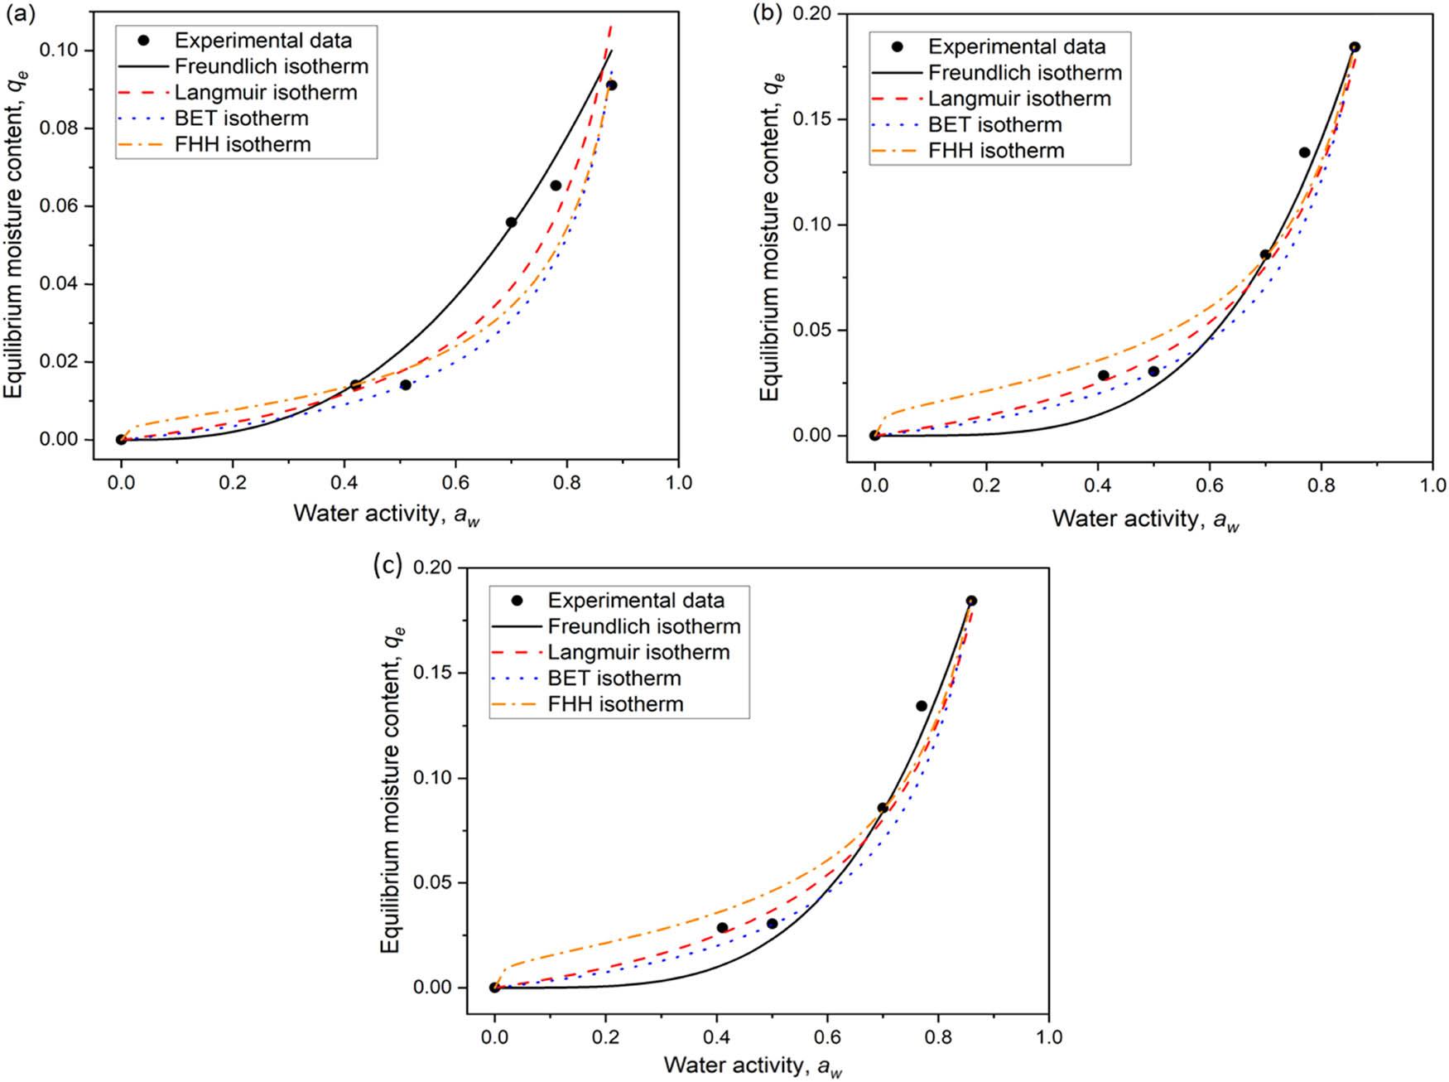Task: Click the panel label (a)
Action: tap(18, 12)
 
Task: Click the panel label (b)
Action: tap(763, 12)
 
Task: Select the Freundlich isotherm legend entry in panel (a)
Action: tap(271, 66)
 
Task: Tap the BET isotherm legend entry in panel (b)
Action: tap(994, 125)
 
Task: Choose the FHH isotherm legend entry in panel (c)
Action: tap(615, 704)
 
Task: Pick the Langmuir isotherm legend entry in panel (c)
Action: tap(638, 652)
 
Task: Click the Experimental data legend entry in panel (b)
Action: tap(1016, 46)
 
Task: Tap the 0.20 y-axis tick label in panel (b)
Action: tap(815, 14)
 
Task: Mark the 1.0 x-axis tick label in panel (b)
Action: tap(1432, 485)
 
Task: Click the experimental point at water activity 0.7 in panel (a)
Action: tap(511, 222)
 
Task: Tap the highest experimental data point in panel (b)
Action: tap(1355, 47)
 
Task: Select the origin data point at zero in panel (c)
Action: tap(494, 988)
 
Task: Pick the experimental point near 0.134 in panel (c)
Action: tap(922, 706)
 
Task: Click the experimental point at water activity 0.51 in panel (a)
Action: tap(406, 385)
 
